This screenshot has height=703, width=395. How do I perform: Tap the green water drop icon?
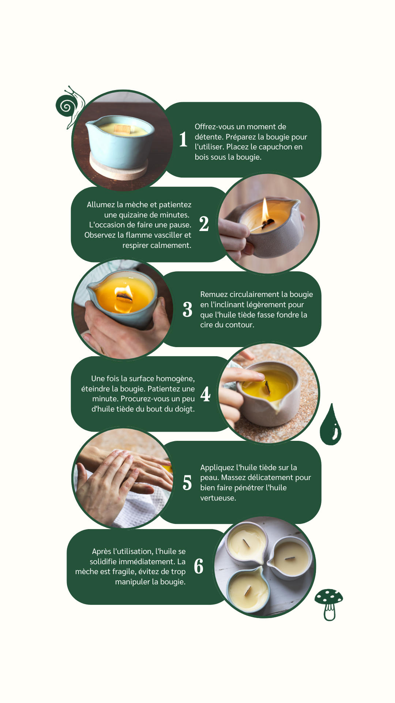pyautogui.click(x=330, y=425)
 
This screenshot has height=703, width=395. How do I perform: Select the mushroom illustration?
pyautogui.click(x=329, y=604)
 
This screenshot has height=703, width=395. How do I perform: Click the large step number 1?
pyautogui.click(x=183, y=140)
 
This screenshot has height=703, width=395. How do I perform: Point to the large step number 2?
pyautogui.click(x=204, y=224)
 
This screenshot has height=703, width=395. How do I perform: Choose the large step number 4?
pyautogui.click(x=206, y=394)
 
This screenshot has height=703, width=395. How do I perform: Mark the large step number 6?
pyautogui.click(x=199, y=566)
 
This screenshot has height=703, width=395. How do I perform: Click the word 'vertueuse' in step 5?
pyautogui.click(x=217, y=498)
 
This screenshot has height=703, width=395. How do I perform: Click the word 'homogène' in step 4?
pyautogui.click(x=176, y=379)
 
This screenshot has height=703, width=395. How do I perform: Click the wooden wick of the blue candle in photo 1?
pyautogui.click(x=122, y=129)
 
